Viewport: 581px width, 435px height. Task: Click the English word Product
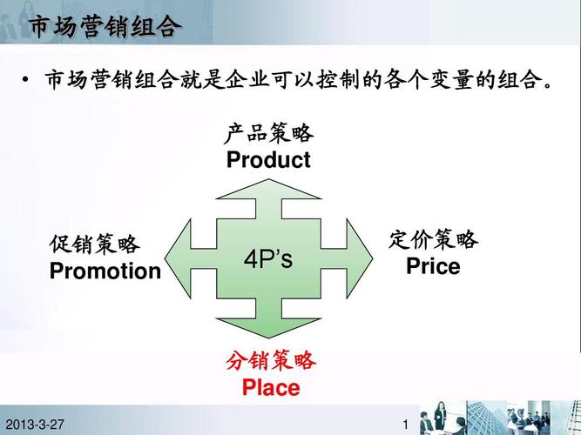point(268,160)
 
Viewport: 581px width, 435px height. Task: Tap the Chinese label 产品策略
point(269,134)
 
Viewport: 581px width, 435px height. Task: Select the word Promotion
point(105,271)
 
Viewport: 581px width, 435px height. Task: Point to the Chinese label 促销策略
point(95,244)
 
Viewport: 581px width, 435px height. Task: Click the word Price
point(433,267)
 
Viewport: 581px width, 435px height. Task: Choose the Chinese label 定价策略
point(433,239)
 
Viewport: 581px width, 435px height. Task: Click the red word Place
point(271,388)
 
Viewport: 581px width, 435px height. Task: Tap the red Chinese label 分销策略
point(271,361)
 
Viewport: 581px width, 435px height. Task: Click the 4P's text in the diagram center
point(268,260)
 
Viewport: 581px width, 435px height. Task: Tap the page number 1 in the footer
point(406,424)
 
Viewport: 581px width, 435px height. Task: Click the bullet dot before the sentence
point(26,83)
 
